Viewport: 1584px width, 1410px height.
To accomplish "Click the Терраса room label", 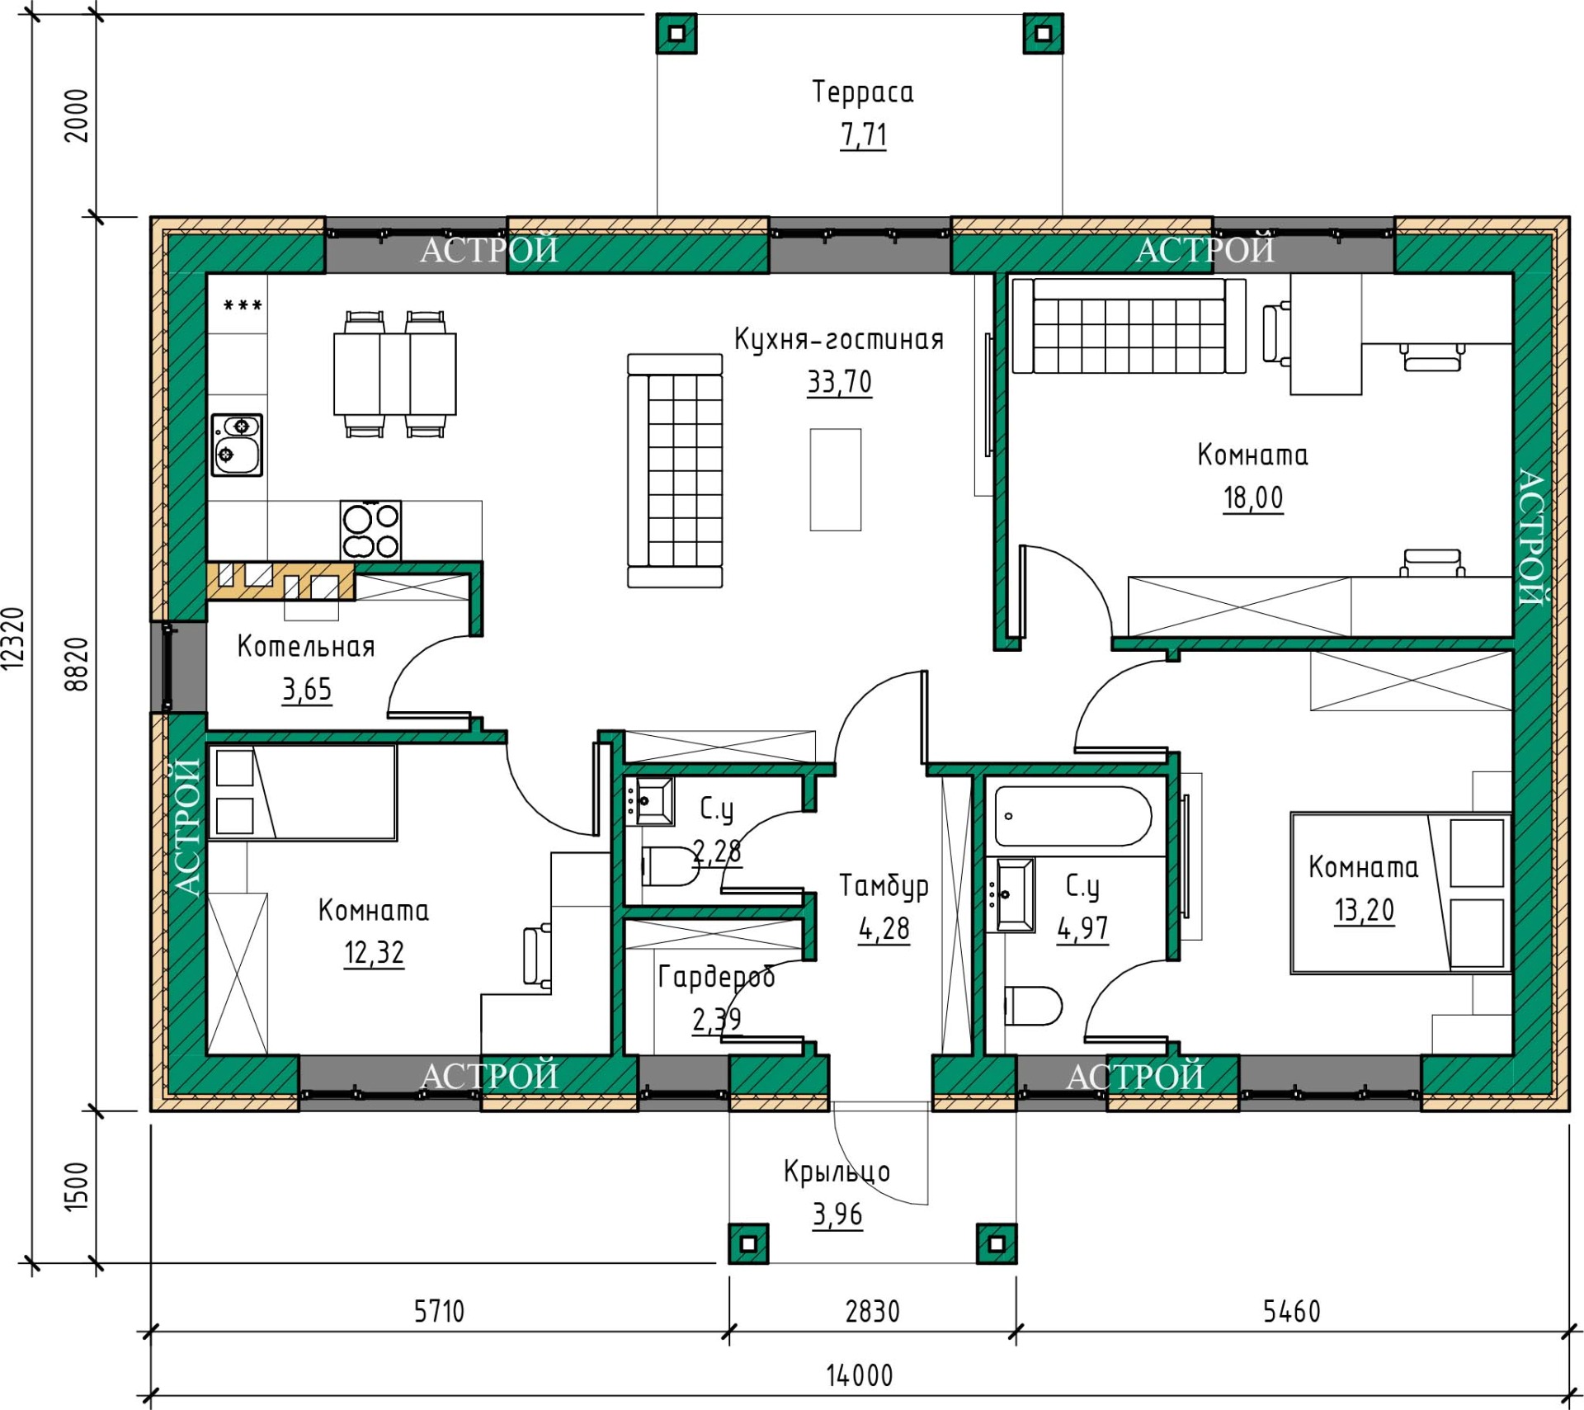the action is coord(863,92).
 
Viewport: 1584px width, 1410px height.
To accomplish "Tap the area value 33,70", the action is coord(839,382).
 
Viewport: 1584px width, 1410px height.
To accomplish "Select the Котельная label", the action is coord(306,646).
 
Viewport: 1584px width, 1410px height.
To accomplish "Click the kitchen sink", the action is coord(237,445).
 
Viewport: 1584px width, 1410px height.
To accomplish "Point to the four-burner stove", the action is coord(371,531).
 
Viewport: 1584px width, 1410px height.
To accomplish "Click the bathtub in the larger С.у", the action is coord(1072,816).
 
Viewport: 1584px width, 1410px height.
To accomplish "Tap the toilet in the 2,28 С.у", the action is coord(669,865).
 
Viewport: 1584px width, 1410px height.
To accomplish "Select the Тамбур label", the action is coord(884,885).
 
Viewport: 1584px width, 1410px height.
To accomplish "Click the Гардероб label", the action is coord(716,977).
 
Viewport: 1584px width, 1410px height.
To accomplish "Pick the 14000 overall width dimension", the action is coord(860,1375).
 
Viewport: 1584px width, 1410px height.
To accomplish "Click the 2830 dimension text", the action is coord(872,1311).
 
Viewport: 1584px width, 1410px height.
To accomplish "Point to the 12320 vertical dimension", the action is coord(14,638).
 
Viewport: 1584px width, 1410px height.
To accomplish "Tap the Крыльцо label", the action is coord(837,1172).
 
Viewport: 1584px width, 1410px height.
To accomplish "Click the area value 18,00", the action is coord(1253,498).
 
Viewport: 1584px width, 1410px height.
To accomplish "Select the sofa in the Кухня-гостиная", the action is coord(675,470).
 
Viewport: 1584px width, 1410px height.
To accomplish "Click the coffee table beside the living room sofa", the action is coord(836,479).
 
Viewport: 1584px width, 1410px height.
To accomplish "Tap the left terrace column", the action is coord(676,34).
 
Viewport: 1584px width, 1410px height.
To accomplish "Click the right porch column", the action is coord(997,1243).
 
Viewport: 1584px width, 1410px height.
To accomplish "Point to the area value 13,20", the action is coord(1365,910).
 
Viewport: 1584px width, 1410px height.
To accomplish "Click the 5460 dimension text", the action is coord(1292,1311).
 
